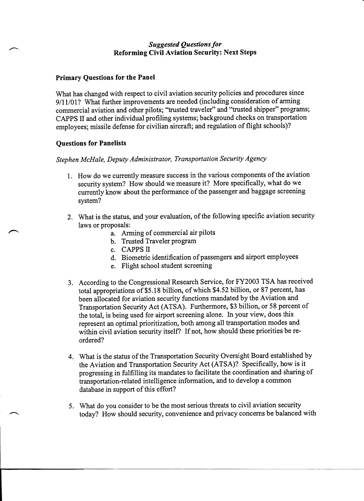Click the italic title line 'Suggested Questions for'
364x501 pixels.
point(185,44)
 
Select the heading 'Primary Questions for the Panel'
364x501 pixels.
point(105,77)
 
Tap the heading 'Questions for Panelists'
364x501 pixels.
point(91,143)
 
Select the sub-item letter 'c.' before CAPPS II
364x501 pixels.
point(113,250)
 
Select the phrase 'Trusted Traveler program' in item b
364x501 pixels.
point(159,241)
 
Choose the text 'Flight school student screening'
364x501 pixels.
point(167,266)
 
